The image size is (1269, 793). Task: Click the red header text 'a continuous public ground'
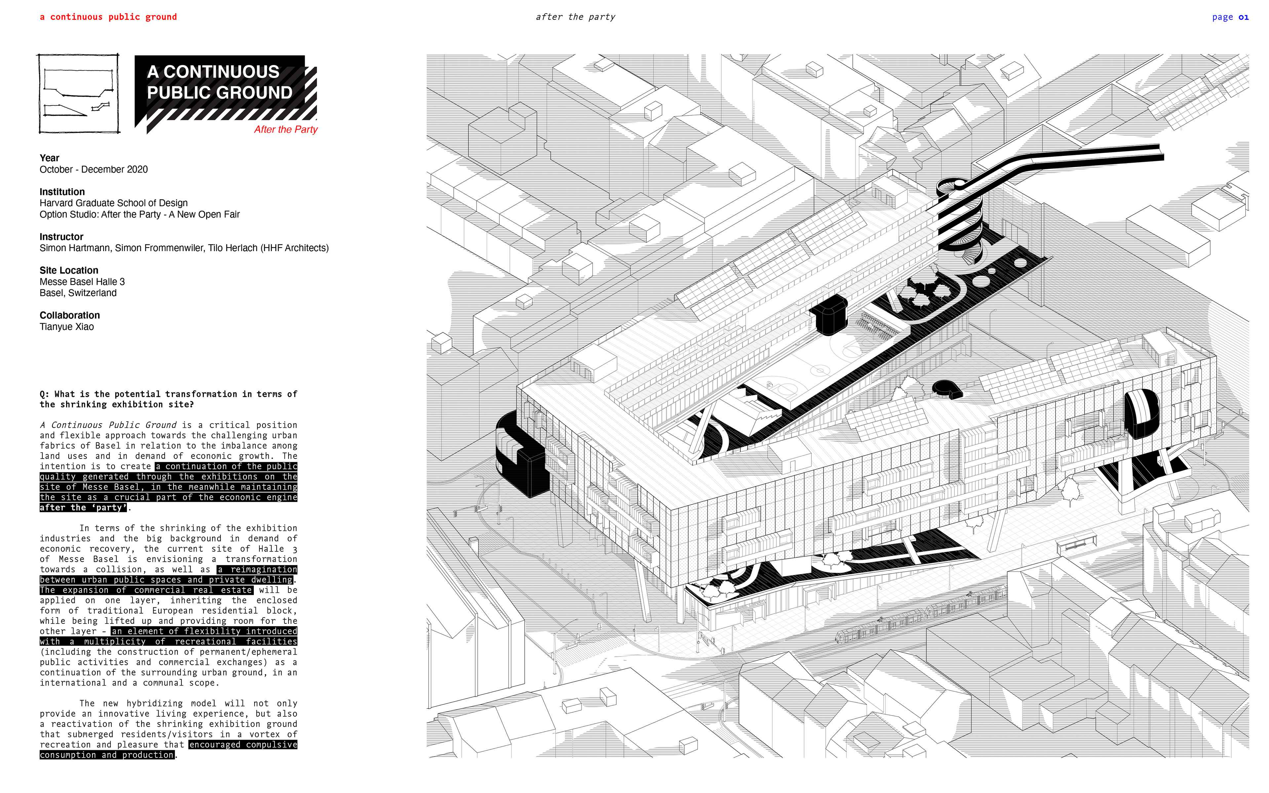[108, 17]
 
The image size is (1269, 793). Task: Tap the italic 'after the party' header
[575, 17]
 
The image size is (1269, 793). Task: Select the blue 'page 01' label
[1230, 17]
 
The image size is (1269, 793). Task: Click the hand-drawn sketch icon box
[79, 94]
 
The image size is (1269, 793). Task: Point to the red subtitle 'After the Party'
[286, 130]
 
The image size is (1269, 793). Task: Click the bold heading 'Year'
[49, 158]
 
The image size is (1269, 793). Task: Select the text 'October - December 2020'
[93, 170]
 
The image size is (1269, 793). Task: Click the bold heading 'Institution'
[62, 192]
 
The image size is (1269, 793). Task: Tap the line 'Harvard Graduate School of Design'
[113, 203]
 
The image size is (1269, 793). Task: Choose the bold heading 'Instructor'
[61, 237]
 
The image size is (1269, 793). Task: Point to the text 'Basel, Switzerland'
[78, 293]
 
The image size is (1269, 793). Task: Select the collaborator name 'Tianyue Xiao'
[67, 327]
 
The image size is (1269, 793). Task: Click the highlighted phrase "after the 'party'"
[83, 508]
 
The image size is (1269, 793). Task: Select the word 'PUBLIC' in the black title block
[179, 93]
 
